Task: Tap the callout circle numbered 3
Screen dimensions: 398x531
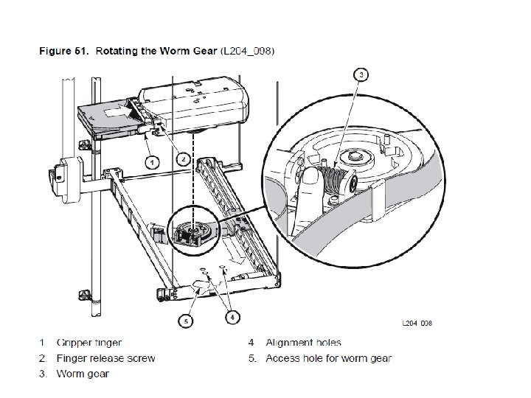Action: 361,75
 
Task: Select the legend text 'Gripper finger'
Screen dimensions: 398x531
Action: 89,343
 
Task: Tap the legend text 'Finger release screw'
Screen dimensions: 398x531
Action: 106,358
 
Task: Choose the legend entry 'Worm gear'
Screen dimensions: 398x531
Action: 83,374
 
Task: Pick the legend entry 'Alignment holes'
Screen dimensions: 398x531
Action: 303,343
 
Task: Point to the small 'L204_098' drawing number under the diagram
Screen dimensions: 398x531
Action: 417,323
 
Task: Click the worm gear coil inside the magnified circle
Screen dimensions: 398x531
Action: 336,179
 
